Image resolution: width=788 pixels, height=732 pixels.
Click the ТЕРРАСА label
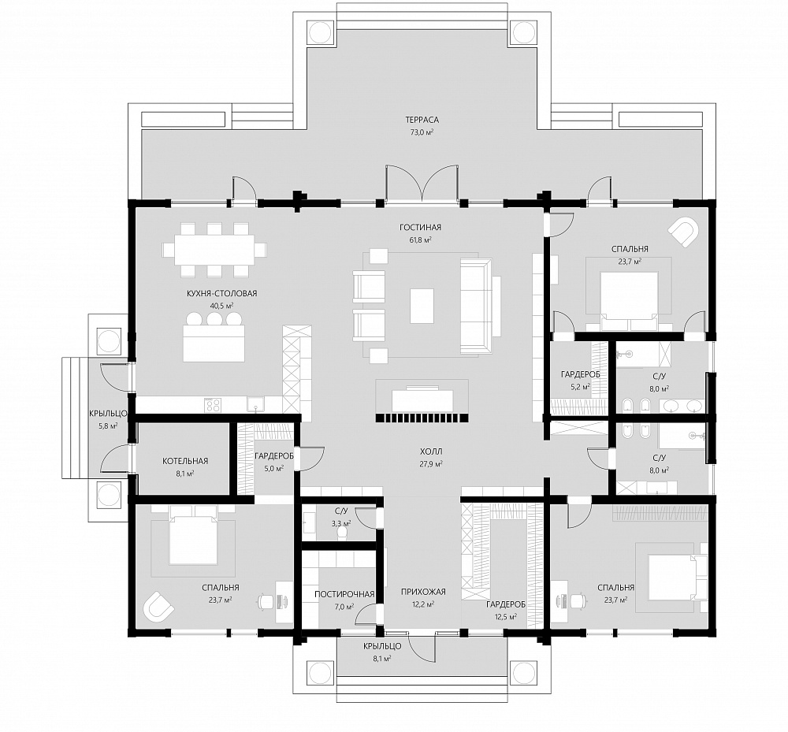pos(422,120)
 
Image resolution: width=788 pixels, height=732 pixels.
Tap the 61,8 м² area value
pos(420,240)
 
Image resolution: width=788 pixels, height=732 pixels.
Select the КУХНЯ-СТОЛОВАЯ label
pos(221,293)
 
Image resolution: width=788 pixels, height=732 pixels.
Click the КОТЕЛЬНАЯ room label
pos(185,461)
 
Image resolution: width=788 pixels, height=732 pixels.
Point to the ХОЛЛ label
pos(431,451)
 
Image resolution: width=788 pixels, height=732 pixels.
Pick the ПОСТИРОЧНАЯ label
pos(344,594)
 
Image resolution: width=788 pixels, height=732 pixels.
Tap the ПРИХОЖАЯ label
pos(423,592)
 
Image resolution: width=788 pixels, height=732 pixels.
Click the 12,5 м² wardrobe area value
pos(506,616)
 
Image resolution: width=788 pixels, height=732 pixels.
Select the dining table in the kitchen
pos(214,250)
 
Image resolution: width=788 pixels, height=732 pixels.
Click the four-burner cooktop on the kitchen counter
pos(213,405)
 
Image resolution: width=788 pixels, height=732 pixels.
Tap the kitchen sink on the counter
pos(256,404)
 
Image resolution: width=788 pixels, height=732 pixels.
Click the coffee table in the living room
pos(422,306)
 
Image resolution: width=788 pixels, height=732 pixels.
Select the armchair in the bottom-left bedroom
pos(158,607)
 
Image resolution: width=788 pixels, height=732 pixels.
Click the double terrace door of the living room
pos(422,184)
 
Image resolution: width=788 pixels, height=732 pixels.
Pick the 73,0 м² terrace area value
pos(422,132)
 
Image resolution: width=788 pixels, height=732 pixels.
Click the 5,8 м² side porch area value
pos(107,426)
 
